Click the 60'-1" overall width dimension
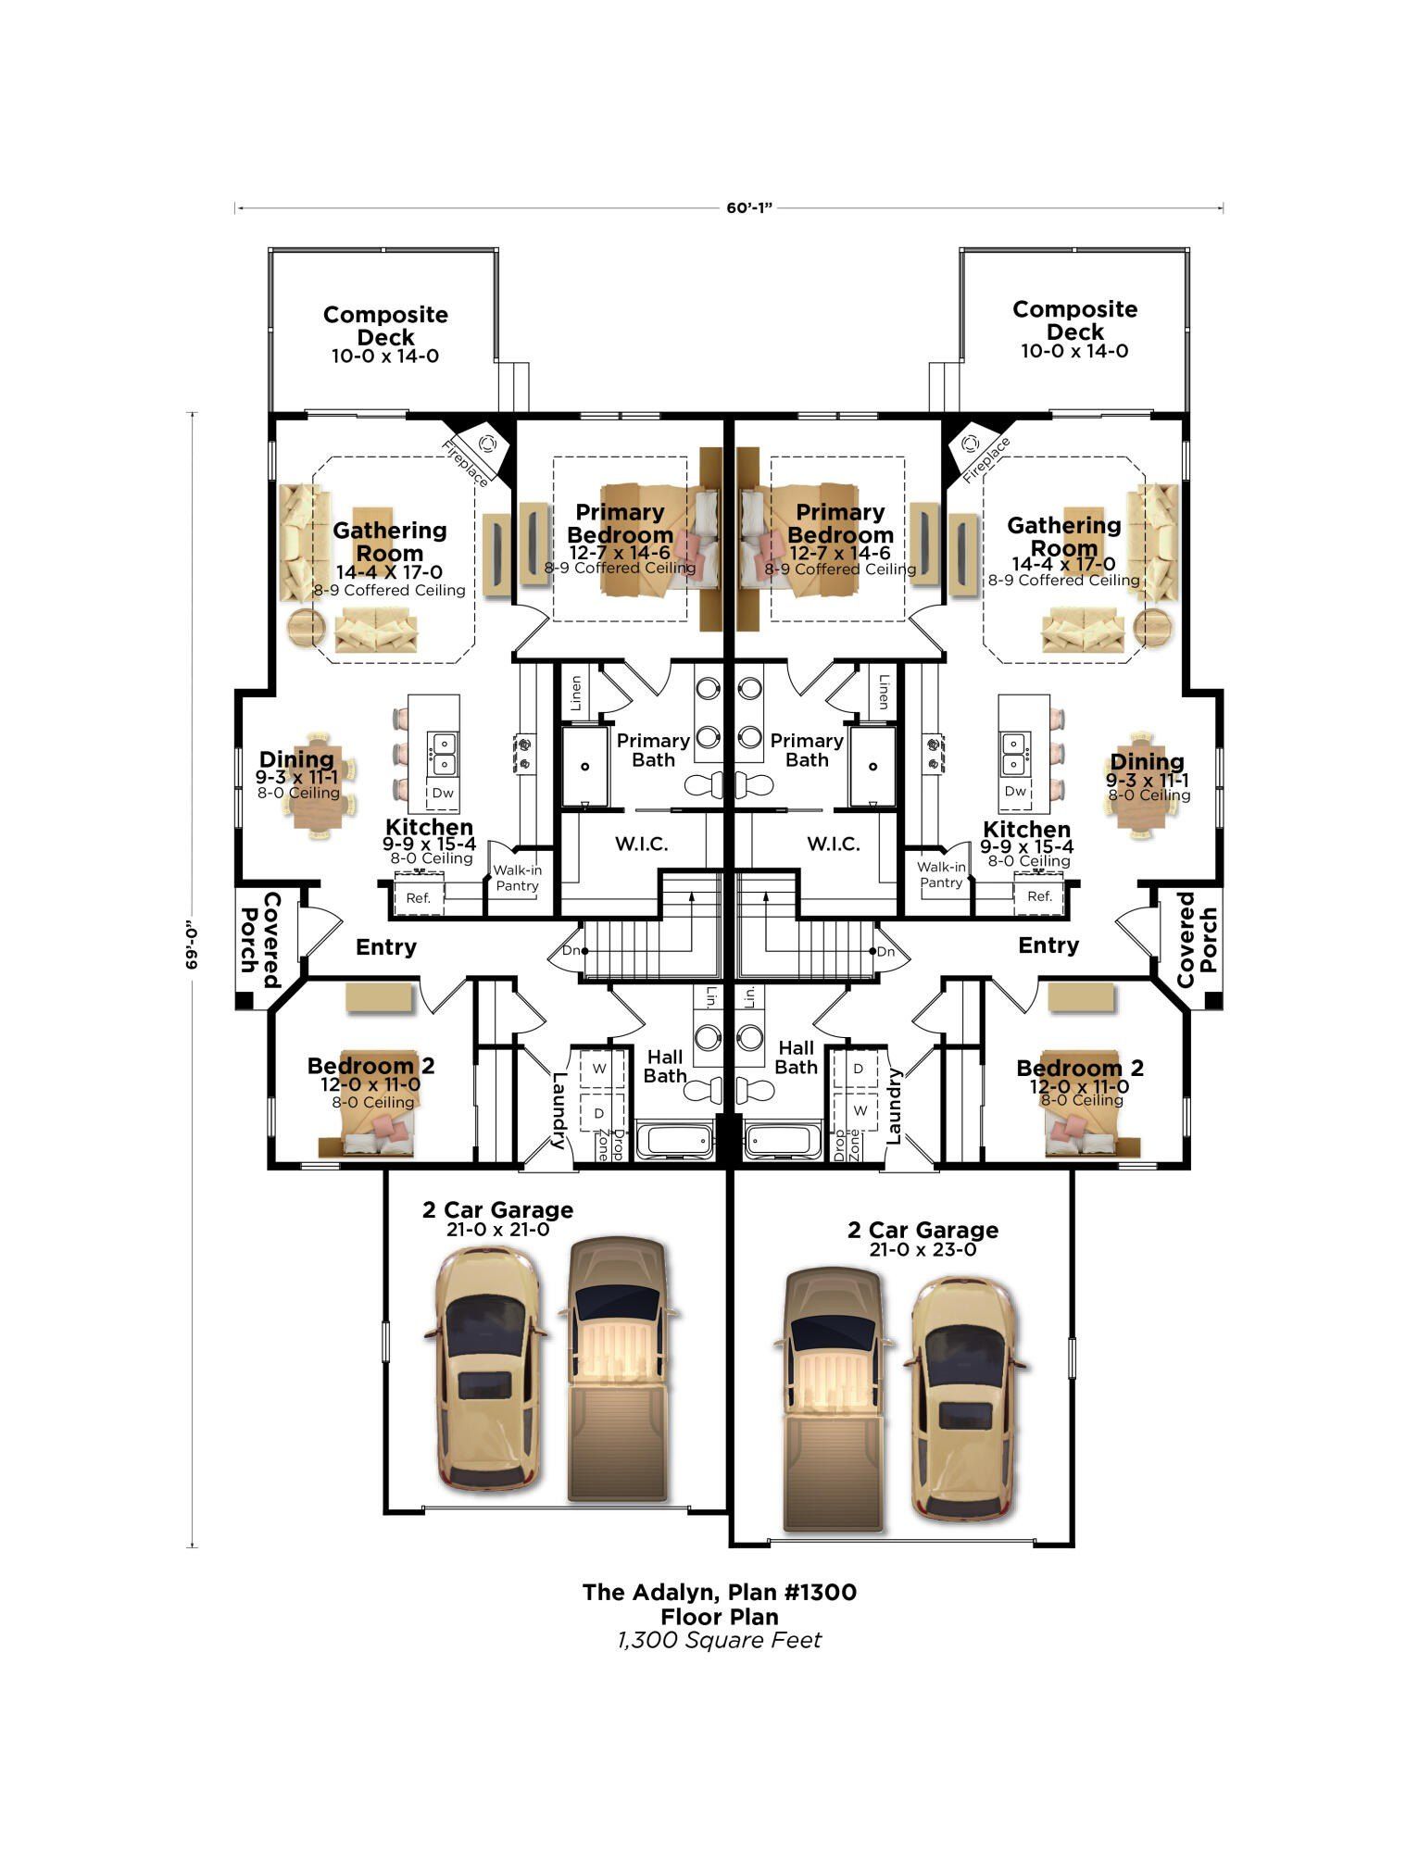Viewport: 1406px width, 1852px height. (748, 208)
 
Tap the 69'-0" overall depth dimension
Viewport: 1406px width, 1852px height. (194, 945)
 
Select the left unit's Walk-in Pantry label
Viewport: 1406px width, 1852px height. (517, 878)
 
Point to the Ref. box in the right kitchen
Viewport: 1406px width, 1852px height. (1039, 896)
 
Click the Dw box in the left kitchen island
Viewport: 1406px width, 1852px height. (443, 793)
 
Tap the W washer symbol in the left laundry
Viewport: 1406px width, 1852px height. (599, 1069)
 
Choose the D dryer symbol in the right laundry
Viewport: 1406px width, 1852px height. (858, 1069)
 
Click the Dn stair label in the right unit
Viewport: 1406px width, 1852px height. (885, 952)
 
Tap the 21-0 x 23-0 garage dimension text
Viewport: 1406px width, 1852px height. (923, 1250)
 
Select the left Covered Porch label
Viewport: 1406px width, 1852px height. (260, 939)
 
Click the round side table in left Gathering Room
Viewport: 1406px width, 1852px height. (306, 627)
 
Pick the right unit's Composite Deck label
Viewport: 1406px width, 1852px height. (1074, 320)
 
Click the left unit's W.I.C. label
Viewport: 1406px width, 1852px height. (641, 845)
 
